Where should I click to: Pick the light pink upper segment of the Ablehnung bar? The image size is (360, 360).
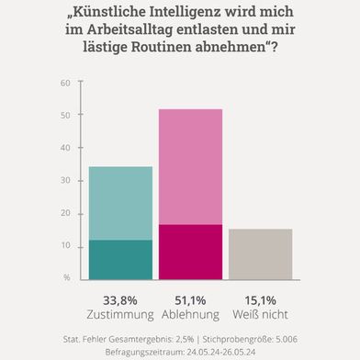tap(189, 166)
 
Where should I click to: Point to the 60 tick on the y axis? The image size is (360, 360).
tap(64, 84)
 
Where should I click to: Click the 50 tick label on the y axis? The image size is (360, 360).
tap(64, 116)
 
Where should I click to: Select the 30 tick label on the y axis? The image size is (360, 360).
tap(64, 181)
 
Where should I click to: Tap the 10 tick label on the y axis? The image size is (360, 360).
tap(64, 245)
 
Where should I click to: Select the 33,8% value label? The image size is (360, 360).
tap(118, 299)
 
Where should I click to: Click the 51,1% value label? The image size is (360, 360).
tap(190, 299)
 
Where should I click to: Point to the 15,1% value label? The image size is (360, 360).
tap(260, 299)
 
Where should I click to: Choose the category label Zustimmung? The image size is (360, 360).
tap(118, 313)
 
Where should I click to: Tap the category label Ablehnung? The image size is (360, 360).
tap(190, 313)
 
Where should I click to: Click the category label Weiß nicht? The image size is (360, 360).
tap(260, 313)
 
